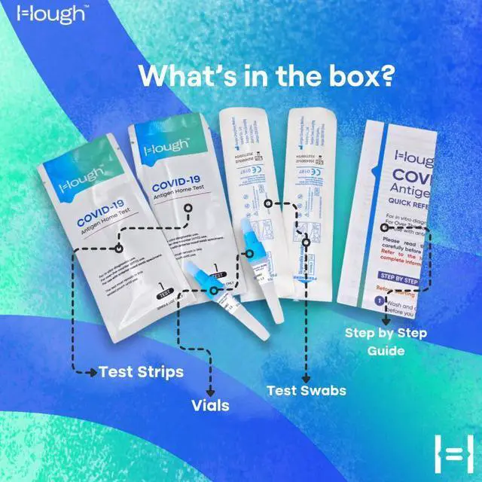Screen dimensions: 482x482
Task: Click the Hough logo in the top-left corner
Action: tap(44, 16)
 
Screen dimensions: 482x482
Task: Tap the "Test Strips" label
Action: tap(141, 371)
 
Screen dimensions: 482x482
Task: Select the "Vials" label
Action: tap(210, 405)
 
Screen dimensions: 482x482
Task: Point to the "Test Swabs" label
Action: tap(306, 390)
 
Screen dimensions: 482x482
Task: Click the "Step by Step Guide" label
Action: tap(385, 340)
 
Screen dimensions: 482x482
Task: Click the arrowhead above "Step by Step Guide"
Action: tap(386, 320)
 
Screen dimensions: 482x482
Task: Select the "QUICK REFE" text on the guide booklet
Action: tap(413, 201)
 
